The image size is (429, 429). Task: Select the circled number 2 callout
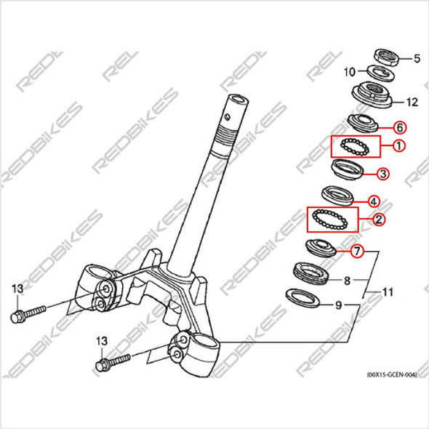(379, 217)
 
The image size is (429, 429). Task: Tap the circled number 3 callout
(382, 173)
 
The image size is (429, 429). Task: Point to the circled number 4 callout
(373, 201)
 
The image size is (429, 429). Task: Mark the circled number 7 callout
(356, 252)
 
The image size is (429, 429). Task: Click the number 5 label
(417, 58)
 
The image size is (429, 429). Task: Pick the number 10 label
(348, 72)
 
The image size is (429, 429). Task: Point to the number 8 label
(347, 279)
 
